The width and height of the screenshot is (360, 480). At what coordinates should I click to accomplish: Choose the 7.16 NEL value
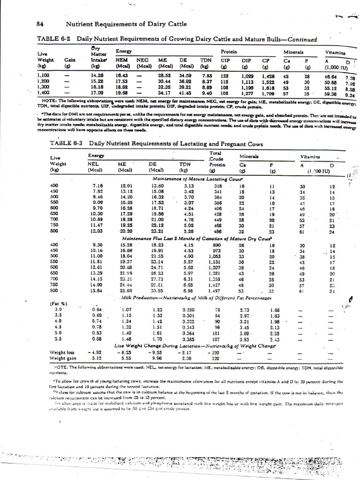(x=97, y=186)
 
